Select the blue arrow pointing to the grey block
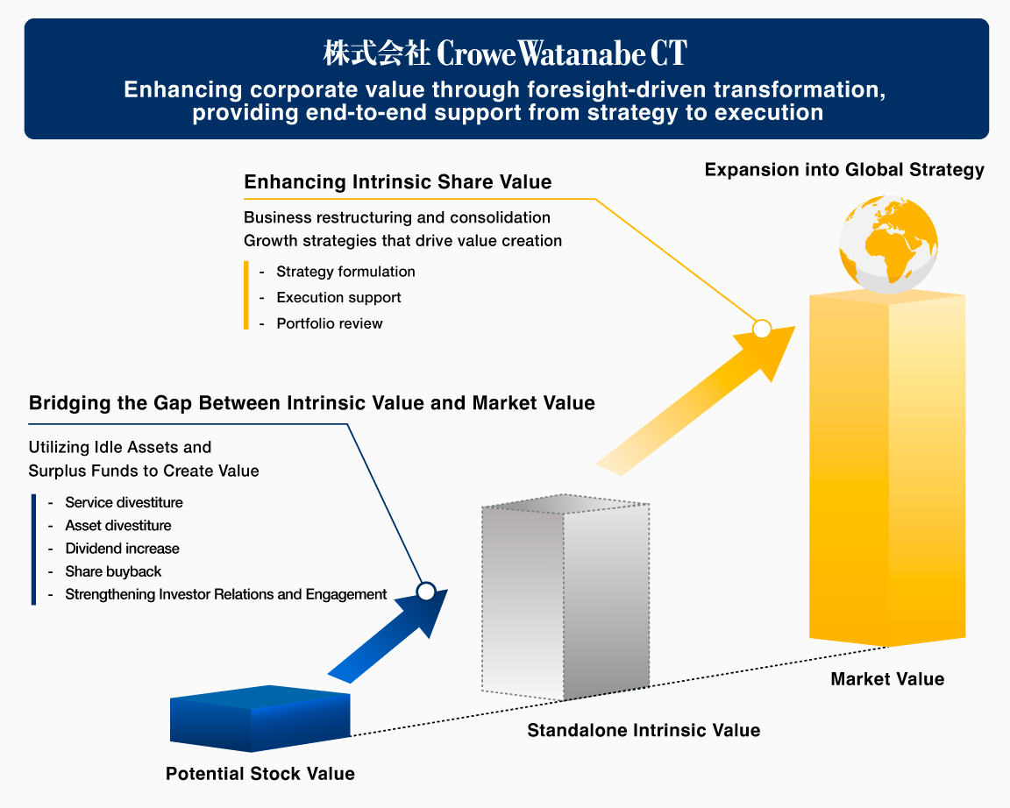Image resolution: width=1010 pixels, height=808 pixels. click(386, 635)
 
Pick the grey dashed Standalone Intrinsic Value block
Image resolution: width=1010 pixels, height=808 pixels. click(565, 601)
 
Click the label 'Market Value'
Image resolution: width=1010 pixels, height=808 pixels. click(887, 679)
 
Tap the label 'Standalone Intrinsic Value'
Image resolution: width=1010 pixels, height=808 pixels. click(644, 730)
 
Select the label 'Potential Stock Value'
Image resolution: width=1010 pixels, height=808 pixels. click(260, 774)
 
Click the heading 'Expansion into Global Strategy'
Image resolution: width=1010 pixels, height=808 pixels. click(844, 170)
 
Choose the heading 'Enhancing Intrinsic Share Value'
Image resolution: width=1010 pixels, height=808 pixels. click(398, 182)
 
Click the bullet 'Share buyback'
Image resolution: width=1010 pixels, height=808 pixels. click(113, 571)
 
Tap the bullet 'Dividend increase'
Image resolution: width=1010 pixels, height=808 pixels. click(122, 549)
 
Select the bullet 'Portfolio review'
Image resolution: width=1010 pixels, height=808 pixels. click(330, 323)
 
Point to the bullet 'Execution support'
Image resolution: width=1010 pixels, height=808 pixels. click(338, 298)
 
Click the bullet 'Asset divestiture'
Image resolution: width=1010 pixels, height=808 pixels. click(118, 526)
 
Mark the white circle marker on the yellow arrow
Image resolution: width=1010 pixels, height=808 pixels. click(762, 330)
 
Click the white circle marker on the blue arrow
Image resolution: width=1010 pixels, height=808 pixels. click(426, 592)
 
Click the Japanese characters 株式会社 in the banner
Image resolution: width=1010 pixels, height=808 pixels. click(376, 54)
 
